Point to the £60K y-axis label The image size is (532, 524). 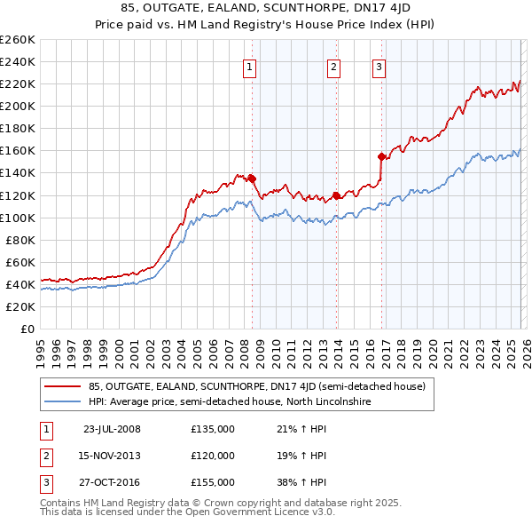click(x=20, y=262)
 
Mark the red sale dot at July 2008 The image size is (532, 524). click(x=252, y=178)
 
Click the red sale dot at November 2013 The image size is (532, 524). click(x=336, y=195)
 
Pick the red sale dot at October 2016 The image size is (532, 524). click(x=382, y=155)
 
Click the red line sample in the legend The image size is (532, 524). click(x=62, y=386)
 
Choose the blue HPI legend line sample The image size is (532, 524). click(x=62, y=402)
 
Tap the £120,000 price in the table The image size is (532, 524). click(x=213, y=456)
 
